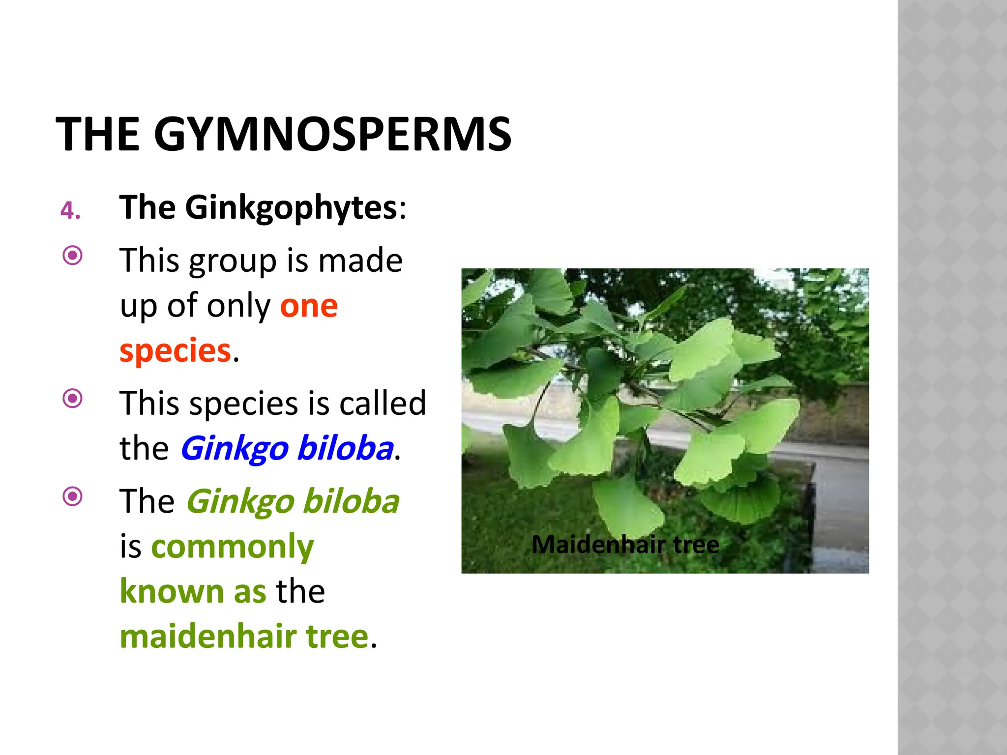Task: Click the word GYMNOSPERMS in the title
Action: [332, 135]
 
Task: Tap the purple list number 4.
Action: [70, 211]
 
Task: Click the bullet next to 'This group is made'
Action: [73, 255]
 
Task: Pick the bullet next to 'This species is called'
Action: [73, 398]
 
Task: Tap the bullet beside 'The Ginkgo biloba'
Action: [73, 496]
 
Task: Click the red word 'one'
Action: [309, 307]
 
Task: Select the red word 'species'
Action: [175, 351]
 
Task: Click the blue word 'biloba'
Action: [345, 448]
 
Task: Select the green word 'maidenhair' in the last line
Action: [207, 637]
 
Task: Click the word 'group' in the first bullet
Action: [233, 261]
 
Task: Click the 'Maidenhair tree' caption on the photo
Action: [625, 545]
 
